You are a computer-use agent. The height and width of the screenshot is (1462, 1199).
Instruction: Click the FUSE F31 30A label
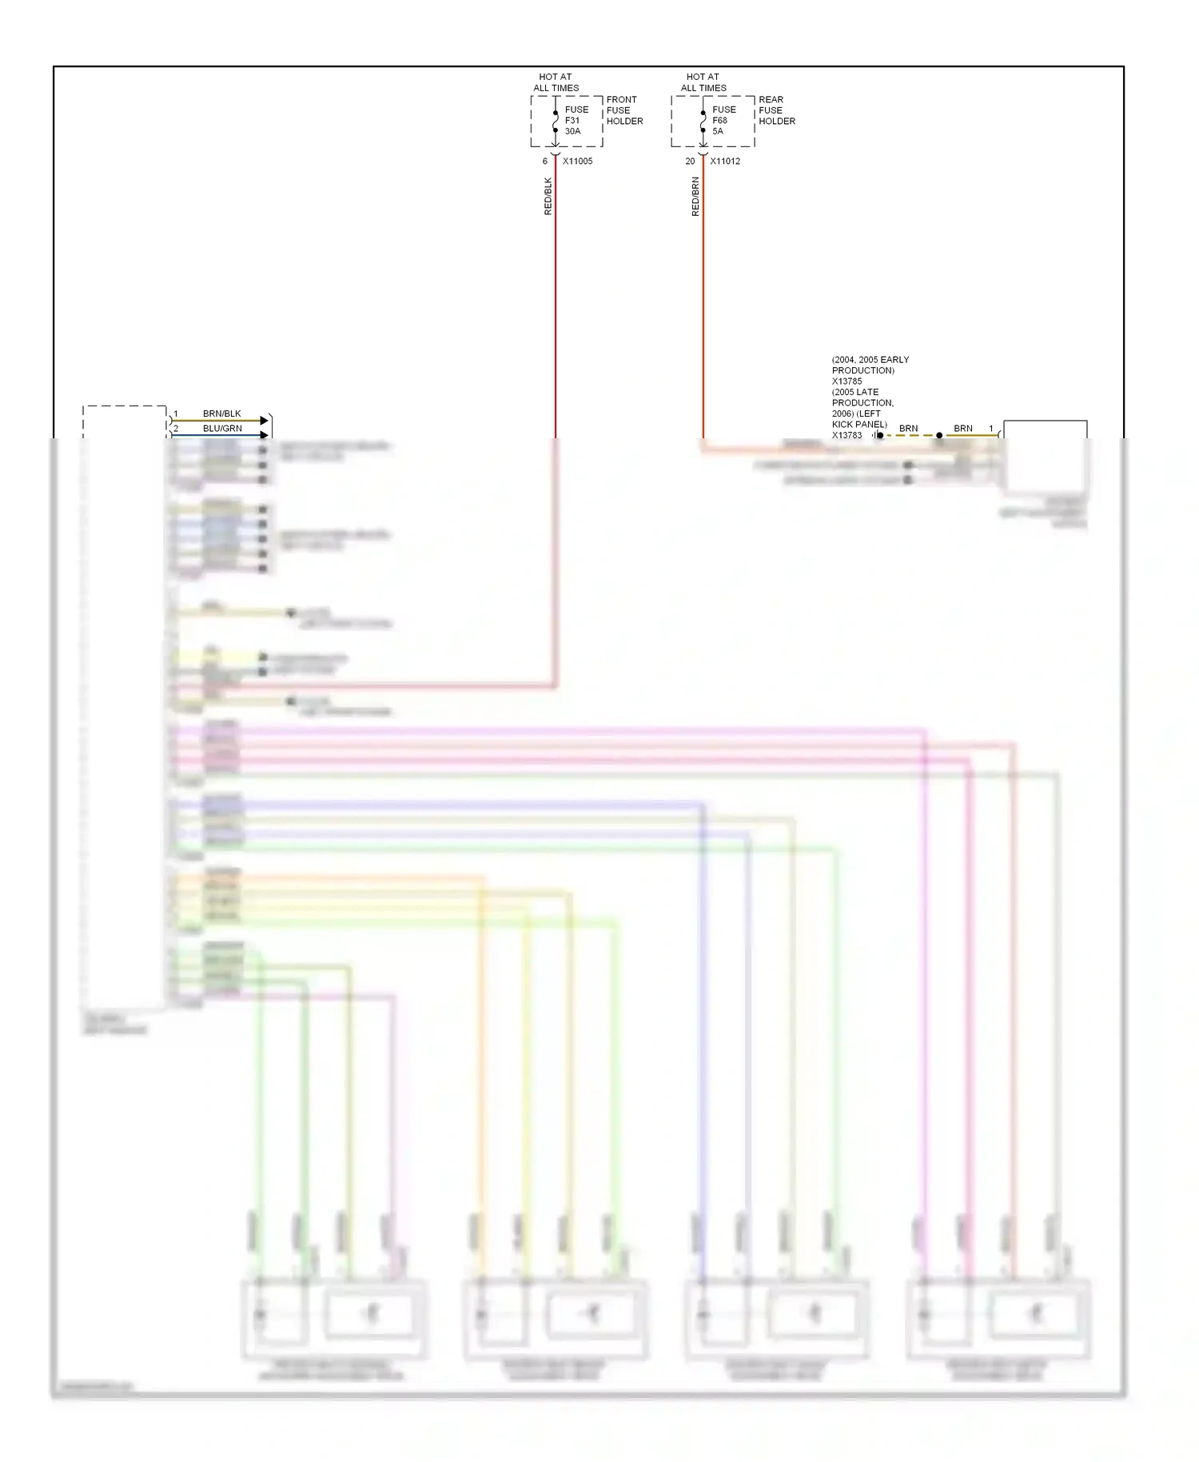576,121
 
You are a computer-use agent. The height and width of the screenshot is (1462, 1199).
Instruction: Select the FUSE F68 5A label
723,121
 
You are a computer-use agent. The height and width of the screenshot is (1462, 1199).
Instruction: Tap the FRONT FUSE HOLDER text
624,110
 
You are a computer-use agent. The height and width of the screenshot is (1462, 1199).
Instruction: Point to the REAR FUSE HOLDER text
776,110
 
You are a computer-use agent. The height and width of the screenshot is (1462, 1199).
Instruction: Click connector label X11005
577,162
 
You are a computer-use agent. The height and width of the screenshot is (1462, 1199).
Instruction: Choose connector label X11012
725,162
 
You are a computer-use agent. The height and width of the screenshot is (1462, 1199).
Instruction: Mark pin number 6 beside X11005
545,162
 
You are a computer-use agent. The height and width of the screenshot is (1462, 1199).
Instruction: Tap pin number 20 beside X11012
690,162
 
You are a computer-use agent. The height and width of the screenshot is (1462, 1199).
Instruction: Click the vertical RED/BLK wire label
548,196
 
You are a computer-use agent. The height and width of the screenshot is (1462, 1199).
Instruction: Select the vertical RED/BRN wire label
695,196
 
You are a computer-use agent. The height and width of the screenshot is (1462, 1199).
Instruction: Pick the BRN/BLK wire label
221,413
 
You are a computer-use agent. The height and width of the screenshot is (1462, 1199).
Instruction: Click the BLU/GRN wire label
222,429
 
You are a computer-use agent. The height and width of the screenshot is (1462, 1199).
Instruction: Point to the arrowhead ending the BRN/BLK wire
265,421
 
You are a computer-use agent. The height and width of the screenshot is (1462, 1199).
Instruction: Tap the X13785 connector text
846,381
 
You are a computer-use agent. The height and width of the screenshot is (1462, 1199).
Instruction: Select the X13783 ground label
846,435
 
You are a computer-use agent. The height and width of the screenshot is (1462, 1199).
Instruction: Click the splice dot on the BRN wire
939,436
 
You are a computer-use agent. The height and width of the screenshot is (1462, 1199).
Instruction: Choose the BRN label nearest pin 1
962,429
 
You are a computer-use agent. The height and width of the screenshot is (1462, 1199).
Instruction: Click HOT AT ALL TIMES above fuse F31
556,82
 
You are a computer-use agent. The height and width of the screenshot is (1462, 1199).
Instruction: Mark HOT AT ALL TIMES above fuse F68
703,82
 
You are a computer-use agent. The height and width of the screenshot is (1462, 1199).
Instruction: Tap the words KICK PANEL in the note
859,425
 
